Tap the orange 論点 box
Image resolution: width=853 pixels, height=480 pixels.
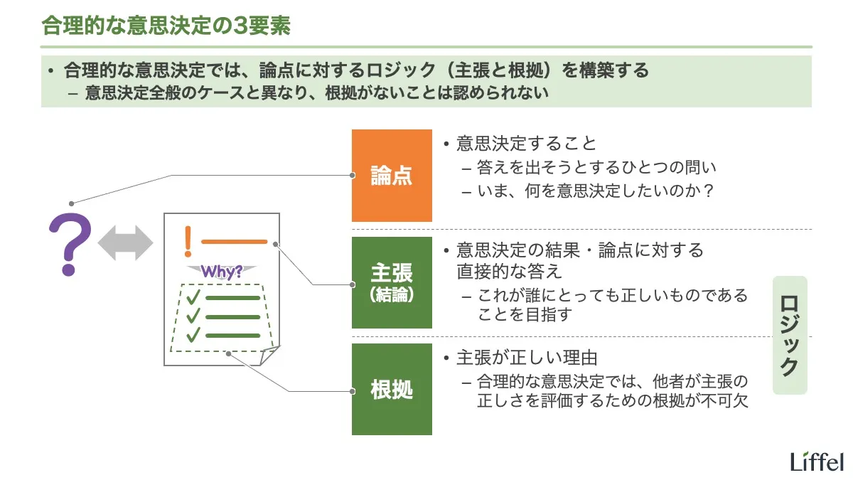click(x=392, y=176)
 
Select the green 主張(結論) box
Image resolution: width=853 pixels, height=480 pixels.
click(x=392, y=282)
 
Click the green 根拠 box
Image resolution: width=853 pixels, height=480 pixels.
click(x=392, y=389)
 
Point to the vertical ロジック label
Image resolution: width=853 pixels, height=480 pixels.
click(x=790, y=335)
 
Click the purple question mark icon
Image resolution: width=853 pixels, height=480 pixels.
click(x=69, y=244)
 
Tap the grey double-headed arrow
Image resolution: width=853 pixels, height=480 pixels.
click(x=125, y=244)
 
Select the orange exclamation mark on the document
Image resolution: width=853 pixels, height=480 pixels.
click(x=188, y=241)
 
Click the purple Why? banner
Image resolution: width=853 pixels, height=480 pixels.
click(x=222, y=271)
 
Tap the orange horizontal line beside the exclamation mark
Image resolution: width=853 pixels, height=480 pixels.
click(x=234, y=242)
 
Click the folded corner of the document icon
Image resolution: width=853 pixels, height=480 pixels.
click(x=269, y=356)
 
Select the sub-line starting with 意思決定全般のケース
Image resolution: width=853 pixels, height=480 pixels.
click(x=316, y=94)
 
